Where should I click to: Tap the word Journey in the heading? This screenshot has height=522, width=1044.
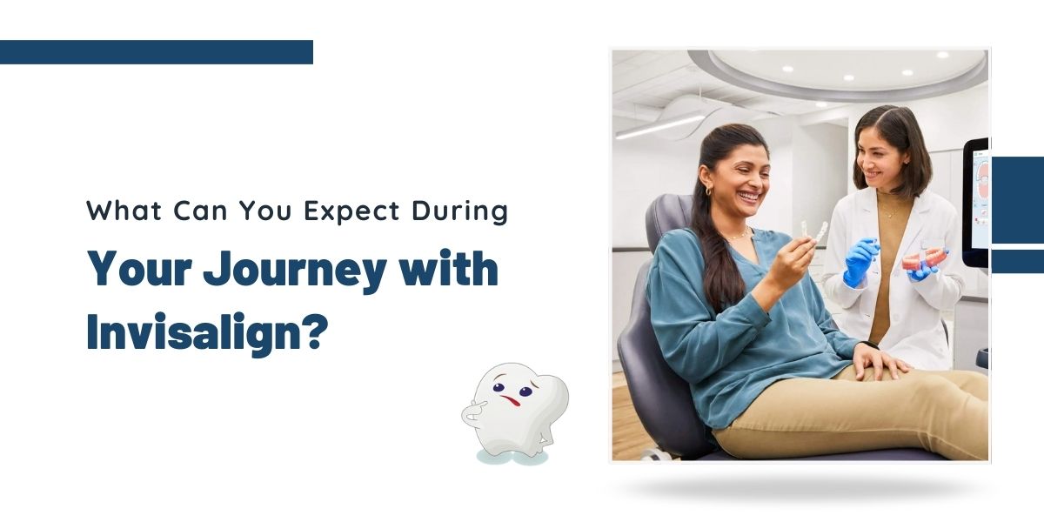click(295, 271)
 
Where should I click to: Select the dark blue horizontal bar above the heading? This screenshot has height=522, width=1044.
click(157, 52)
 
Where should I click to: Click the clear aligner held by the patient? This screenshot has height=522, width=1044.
click(813, 233)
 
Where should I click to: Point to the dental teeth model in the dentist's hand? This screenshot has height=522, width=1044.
click(924, 258)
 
